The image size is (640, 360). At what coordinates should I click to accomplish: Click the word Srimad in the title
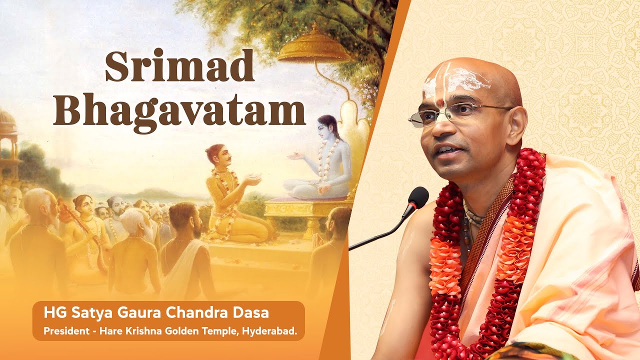click(179, 66)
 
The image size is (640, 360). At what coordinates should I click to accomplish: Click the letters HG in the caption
click(51, 313)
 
